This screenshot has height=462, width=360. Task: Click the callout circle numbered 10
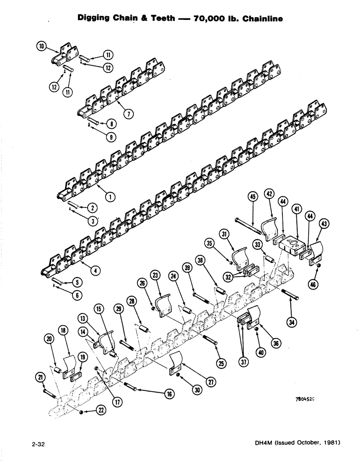42,47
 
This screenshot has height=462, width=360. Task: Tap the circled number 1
110,196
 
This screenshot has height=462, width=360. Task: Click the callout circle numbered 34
290,322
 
